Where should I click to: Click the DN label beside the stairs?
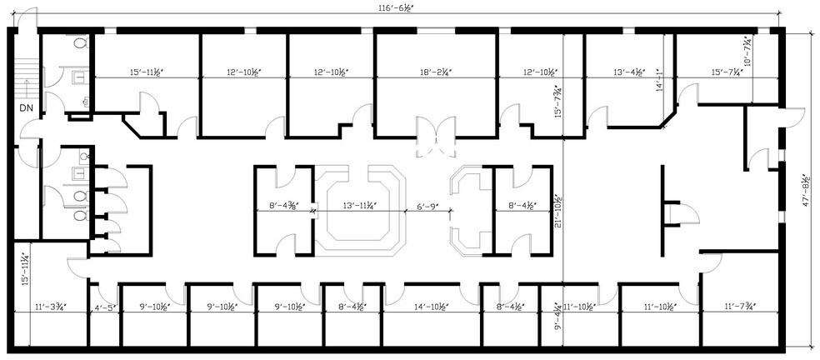tap(26, 108)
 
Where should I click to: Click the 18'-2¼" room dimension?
tap(436, 72)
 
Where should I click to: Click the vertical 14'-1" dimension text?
tap(659, 82)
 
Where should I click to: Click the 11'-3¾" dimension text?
tap(52, 308)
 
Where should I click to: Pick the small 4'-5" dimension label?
tap(106, 308)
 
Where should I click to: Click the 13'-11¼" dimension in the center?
tap(359, 204)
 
